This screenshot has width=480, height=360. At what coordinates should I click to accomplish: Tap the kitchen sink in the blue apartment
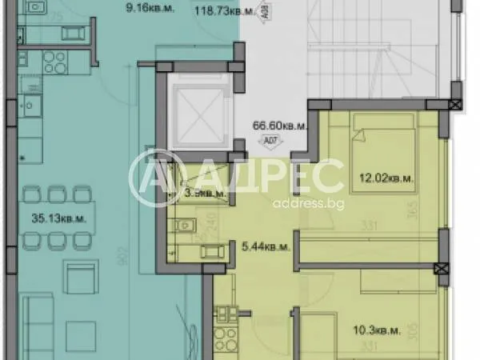(x=33, y=105)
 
